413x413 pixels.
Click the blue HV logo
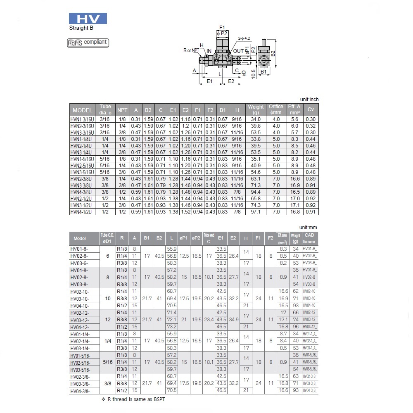[x=88, y=19]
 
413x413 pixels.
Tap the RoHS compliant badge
[x=88, y=42]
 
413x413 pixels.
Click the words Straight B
[x=81, y=28]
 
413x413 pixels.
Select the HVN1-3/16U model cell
[x=82, y=119]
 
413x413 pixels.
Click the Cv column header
[x=311, y=110]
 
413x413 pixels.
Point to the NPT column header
[x=122, y=110]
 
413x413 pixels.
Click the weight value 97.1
[x=256, y=212]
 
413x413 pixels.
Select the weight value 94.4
[x=256, y=192]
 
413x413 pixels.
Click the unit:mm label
[x=309, y=228]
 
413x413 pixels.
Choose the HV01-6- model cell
[x=80, y=249]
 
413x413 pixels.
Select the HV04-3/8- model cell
[x=80, y=391]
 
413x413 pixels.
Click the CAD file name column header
[x=310, y=238]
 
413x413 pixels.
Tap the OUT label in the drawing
[x=238, y=51]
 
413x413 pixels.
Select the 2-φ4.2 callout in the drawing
[x=244, y=38]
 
